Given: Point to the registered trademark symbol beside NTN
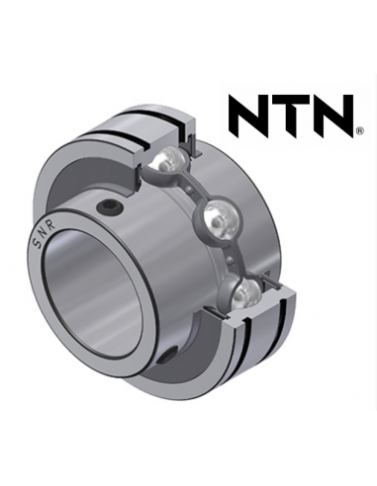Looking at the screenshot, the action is pos(359,131).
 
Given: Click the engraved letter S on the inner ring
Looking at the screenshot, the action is pos(35,244).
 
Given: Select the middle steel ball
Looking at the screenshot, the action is pos(219,219).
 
